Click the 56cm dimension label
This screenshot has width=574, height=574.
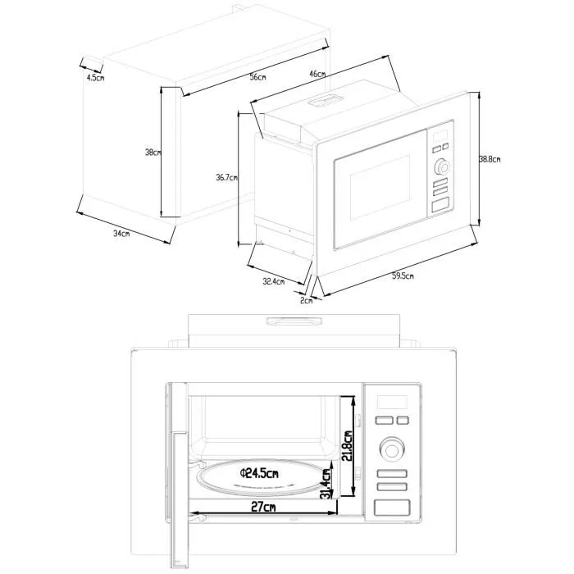(257, 76)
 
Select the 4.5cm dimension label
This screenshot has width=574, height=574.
(95, 77)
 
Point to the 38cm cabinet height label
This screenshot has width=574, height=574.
(152, 153)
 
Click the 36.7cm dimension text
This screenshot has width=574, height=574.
(226, 177)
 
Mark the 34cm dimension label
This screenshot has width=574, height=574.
(121, 234)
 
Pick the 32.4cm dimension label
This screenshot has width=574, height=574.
(273, 281)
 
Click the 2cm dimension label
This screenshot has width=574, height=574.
(306, 300)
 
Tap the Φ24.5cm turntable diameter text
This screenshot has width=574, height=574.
(259, 474)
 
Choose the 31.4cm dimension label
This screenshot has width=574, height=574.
(327, 484)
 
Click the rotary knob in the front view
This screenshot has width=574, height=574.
(392, 449)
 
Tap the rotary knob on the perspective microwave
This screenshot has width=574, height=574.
(442, 167)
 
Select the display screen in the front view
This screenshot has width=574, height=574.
(392, 402)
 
